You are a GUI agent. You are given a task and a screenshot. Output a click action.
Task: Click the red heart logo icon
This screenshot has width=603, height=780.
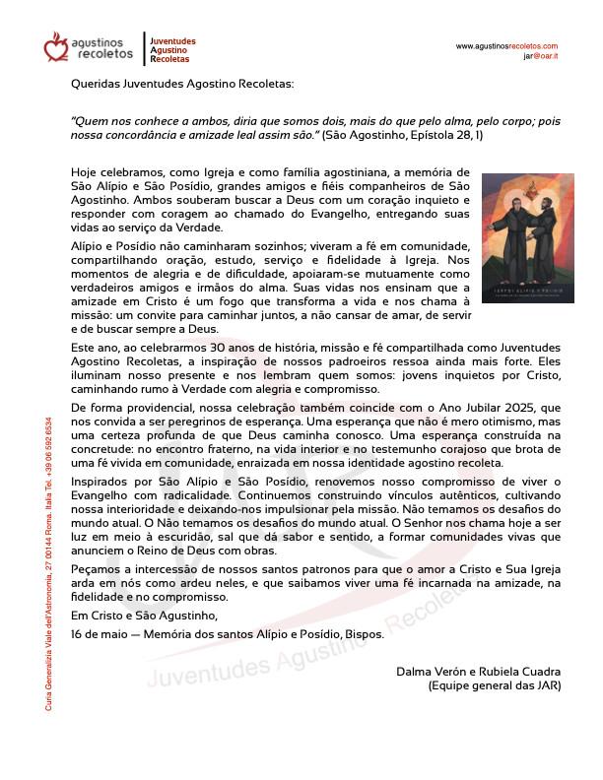click(x=56, y=46)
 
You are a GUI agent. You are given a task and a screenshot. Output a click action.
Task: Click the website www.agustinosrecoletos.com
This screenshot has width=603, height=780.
click(x=506, y=46)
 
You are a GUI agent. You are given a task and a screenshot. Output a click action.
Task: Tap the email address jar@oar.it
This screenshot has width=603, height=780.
click(x=541, y=57)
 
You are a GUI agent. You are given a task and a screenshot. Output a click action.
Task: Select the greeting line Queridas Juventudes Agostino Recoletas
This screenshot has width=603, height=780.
click(x=182, y=85)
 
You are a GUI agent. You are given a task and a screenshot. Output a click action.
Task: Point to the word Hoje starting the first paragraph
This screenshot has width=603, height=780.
click(x=86, y=170)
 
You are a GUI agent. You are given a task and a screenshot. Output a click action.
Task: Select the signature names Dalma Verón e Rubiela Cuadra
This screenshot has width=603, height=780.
click(x=477, y=672)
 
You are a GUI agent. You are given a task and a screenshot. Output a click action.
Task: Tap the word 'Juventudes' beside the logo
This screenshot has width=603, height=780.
click(x=172, y=41)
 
